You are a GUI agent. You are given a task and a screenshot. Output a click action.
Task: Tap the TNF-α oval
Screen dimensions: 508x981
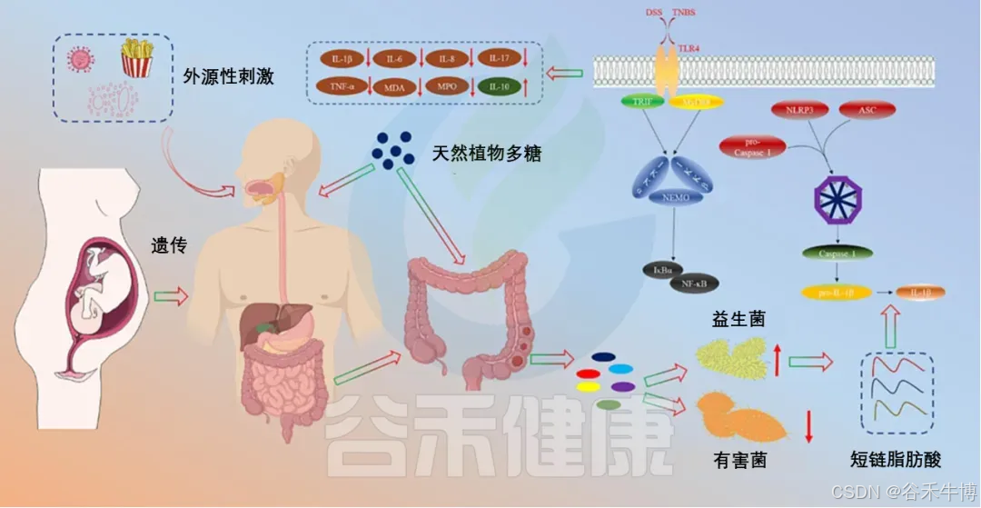coord(342,87)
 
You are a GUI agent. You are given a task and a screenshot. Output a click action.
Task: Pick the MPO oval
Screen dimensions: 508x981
coord(448,87)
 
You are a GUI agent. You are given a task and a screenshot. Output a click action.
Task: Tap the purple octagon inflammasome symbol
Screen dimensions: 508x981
coord(837,198)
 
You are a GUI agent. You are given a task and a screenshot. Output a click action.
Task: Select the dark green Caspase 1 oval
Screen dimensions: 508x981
coord(837,254)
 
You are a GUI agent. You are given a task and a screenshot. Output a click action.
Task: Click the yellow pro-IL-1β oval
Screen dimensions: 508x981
coord(837,293)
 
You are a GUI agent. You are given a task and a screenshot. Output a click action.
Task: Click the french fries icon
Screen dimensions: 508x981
coord(136,58)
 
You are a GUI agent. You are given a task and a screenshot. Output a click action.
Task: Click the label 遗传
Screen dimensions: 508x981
coord(169,244)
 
